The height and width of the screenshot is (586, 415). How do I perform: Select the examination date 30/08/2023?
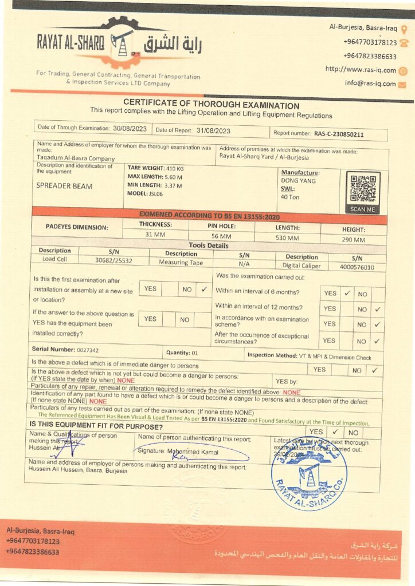[130, 129]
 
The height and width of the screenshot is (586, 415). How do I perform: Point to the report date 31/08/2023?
[213, 130]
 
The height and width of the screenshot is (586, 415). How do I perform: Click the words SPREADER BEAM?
[64, 185]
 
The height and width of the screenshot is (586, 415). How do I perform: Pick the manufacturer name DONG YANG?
[298, 181]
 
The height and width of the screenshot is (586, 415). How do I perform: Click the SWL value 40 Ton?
[291, 197]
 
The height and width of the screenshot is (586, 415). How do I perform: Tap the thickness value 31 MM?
[156, 235]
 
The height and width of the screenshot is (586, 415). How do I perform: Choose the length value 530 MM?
[287, 238]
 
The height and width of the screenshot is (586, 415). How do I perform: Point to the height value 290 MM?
[353, 240]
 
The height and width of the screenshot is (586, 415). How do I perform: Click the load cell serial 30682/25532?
[113, 260]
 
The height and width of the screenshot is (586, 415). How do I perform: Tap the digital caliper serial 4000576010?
[357, 267]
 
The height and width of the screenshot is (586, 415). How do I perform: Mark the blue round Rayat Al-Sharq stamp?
[309, 473]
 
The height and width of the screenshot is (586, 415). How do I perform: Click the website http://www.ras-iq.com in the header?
[361, 70]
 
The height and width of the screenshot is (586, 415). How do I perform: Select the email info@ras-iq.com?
[370, 84]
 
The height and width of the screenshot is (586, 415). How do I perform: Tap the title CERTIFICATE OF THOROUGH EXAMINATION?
[211, 105]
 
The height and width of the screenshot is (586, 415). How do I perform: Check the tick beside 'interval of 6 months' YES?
[347, 293]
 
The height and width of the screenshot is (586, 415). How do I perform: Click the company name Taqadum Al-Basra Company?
[76, 159]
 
